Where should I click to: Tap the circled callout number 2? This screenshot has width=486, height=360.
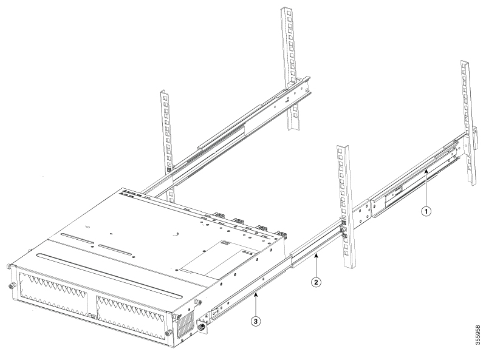click(x=316, y=282)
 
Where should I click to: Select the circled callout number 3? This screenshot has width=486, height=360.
click(x=255, y=322)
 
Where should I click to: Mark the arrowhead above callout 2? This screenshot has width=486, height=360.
click(x=316, y=254)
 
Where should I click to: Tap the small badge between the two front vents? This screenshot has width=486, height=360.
click(x=92, y=316)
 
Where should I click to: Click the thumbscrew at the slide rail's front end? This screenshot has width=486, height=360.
click(x=202, y=326)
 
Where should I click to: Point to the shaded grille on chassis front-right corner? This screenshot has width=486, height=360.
click(x=185, y=325)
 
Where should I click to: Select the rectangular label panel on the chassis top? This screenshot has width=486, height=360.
click(x=221, y=259)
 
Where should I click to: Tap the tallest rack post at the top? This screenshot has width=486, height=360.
click(x=291, y=68)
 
